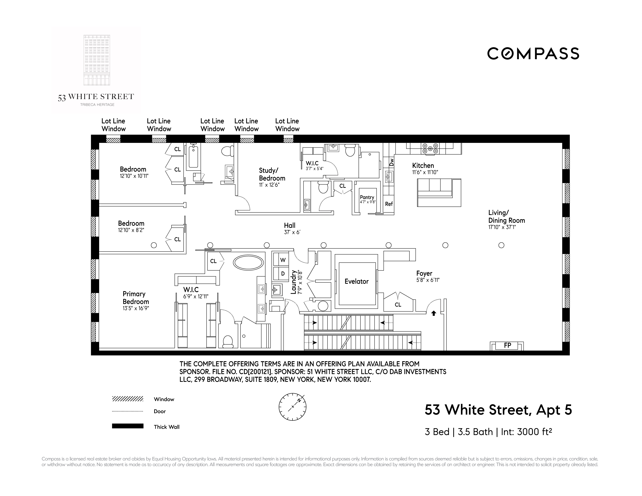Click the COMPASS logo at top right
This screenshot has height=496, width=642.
pyautogui.click(x=533, y=54)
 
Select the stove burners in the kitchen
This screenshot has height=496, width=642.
pyautogui.click(x=430, y=148)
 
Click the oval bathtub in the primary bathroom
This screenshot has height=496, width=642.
pyautogui.click(x=248, y=262)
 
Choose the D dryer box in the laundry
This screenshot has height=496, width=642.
pyautogui.click(x=283, y=274)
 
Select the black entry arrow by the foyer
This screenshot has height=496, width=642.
pyautogui.click(x=433, y=313)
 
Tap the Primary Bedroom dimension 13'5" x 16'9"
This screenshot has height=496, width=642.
pyautogui.click(x=136, y=309)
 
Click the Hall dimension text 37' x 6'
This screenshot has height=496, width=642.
pyautogui.click(x=292, y=232)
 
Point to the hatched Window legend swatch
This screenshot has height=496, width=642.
pyautogui.click(x=128, y=399)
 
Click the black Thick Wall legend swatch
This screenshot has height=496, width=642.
pyautogui.click(x=128, y=426)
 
